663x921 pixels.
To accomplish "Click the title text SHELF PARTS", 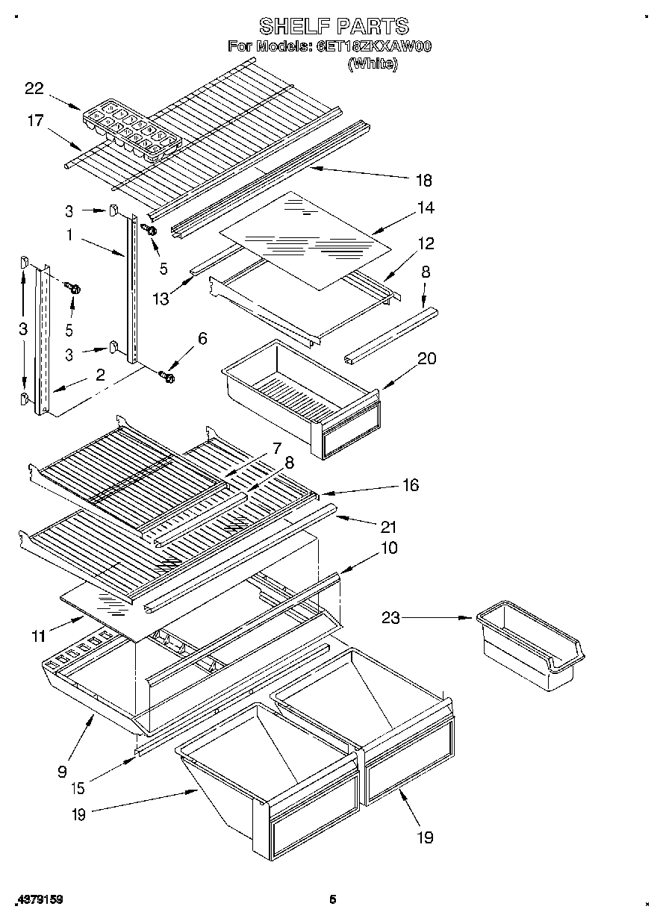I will click(x=334, y=27).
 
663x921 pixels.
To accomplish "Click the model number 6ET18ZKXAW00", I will click(x=374, y=46).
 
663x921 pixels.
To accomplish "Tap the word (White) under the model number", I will click(x=373, y=63).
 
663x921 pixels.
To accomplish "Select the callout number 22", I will click(x=34, y=89).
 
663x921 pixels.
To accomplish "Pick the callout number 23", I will click(x=392, y=618).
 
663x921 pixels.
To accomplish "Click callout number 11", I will click(x=39, y=637).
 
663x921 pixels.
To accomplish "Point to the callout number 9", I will click(x=62, y=772).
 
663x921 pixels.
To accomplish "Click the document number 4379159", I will click(x=39, y=900).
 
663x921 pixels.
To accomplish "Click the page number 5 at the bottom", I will click(x=333, y=900).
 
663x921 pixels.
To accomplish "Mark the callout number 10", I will click(x=389, y=548).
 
